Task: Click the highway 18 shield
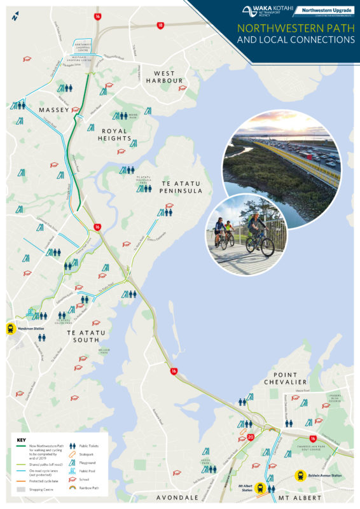tap(160, 25)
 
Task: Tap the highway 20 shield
tap(251, 436)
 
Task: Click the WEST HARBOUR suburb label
tap(163, 78)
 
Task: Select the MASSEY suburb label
tap(53, 110)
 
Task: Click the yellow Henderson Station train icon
tap(10, 328)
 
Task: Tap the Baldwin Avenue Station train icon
tap(301, 474)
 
